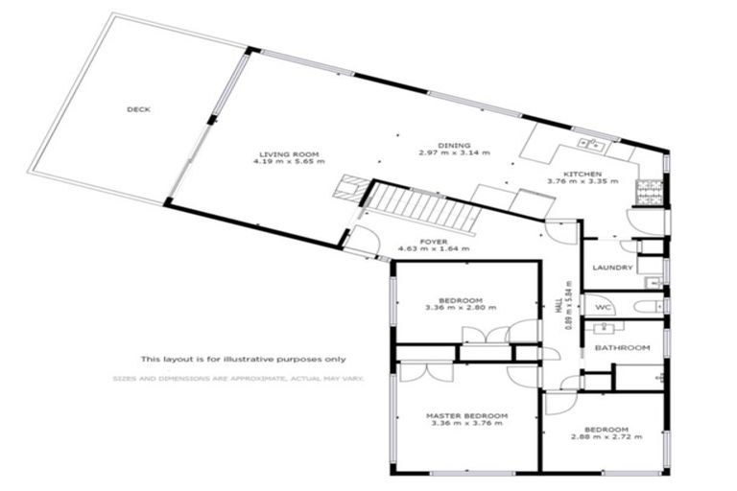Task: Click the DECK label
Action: [138, 109]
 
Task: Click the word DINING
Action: [454, 144]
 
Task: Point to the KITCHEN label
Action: [582, 173]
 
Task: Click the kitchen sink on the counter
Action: [591, 145]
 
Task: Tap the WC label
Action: [604, 307]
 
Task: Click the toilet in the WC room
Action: [650, 307]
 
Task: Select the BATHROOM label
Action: [622, 347]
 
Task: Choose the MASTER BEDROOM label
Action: [466, 415]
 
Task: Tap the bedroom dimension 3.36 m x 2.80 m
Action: [457, 308]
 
